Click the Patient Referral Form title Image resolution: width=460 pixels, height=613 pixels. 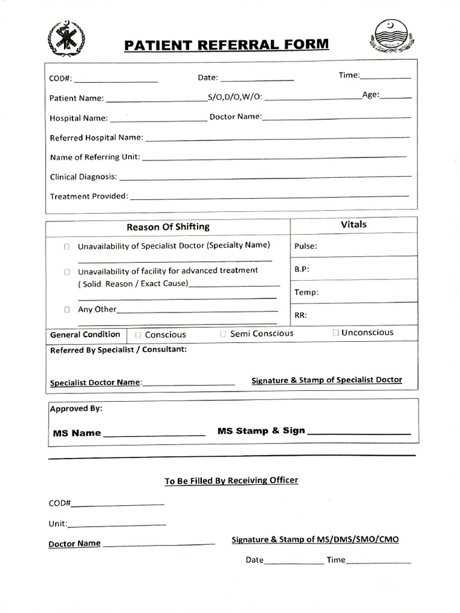pyautogui.click(x=226, y=45)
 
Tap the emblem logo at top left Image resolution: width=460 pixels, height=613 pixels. pyautogui.click(x=65, y=38)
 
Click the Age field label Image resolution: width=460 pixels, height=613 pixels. pyautogui.click(x=370, y=95)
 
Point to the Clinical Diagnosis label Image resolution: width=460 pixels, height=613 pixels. pyautogui.click(x=83, y=177)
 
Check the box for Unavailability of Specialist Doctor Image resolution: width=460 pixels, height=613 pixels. pyautogui.click(x=67, y=247)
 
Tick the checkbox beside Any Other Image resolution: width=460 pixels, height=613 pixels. pyautogui.click(x=67, y=310)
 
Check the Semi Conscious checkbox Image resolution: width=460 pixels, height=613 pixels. pyautogui.click(x=223, y=334)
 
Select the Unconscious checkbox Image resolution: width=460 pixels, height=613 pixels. pyautogui.click(x=336, y=333)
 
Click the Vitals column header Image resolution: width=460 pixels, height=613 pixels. pyautogui.click(x=353, y=224)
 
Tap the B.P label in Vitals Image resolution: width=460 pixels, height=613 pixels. pyautogui.click(x=301, y=269)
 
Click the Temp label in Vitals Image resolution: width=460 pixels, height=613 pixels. pyautogui.click(x=306, y=292)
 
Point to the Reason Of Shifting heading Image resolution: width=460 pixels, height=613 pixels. pyautogui.click(x=168, y=227)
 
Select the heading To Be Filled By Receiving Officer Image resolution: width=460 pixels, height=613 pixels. pyautogui.click(x=231, y=481)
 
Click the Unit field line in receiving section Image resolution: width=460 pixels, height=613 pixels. pyautogui.click(x=117, y=526)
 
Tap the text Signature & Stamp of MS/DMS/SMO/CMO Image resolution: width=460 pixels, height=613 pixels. pyautogui.click(x=315, y=539)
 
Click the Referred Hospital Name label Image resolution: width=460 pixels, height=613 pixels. pyautogui.click(x=96, y=138)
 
